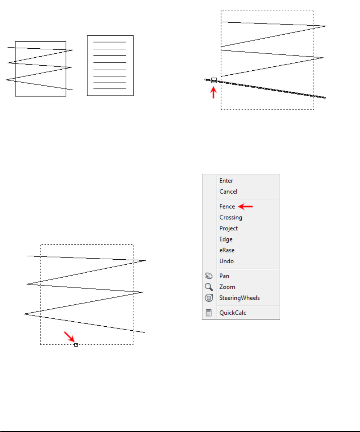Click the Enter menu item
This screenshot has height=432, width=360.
click(226, 181)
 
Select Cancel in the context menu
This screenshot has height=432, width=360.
click(228, 192)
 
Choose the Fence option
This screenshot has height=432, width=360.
click(227, 207)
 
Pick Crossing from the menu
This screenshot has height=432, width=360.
click(231, 217)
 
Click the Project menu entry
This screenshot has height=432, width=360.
click(228, 228)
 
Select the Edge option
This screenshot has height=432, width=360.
click(226, 239)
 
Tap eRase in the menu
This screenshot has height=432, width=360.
click(227, 250)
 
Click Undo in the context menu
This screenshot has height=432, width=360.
click(226, 261)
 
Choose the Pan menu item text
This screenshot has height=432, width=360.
click(224, 276)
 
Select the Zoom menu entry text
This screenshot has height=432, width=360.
click(227, 287)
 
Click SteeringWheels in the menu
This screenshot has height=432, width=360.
click(240, 298)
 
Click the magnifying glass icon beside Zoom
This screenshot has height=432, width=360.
click(209, 287)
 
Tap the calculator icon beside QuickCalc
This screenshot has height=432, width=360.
click(209, 313)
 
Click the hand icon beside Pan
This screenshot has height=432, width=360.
click(209, 276)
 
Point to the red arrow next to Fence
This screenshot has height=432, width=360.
click(246, 207)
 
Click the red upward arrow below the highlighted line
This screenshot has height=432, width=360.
click(214, 93)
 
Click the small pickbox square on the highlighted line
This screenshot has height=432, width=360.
click(214, 80)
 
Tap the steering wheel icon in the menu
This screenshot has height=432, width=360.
click(209, 298)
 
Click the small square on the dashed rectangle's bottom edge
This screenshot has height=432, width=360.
click(76, 345)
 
